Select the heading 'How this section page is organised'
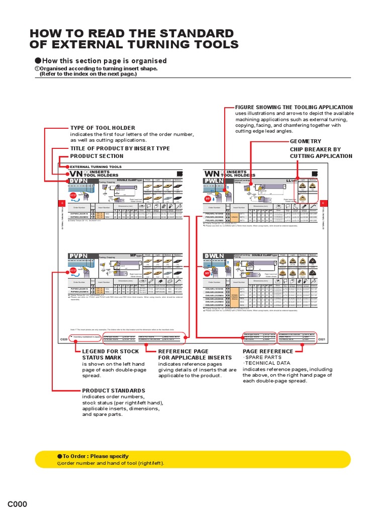(x=101, y=61)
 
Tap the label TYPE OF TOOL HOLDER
(x=103, y=128)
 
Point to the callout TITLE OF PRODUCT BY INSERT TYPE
(x=120, y=148)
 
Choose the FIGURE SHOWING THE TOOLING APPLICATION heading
(x=294, y=107)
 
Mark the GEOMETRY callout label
(x=305, y=142)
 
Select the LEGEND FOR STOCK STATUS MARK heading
(x=110, y=351)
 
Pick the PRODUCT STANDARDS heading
(x=114, y=390)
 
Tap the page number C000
(x=17, y=505)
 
